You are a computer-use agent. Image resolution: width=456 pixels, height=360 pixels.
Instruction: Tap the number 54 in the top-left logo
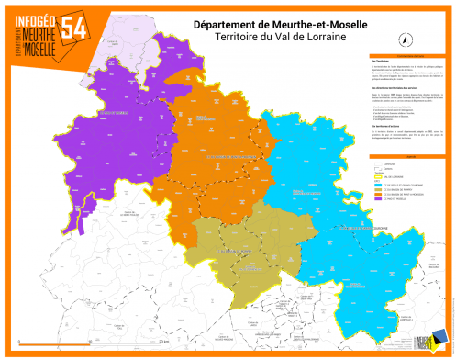click(74, 28)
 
